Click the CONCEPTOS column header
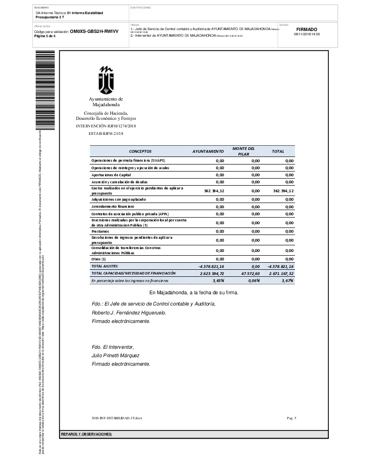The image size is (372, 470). [140, 152]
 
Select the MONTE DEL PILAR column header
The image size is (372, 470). [243, 151]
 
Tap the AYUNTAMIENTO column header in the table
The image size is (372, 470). [208, 152]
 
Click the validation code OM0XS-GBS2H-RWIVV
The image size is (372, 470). [94, 31]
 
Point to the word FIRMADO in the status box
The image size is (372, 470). [307, 29]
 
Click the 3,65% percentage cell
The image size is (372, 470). [218, 281]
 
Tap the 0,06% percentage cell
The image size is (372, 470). [254, 281]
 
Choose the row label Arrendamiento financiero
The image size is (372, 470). [113, 206]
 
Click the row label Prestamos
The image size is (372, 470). [100, 231]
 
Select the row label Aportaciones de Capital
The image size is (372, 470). [111, 175]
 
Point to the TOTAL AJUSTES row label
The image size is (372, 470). [105, 266]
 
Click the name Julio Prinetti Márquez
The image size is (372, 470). [116, 355]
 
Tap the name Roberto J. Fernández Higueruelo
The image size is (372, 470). [129, 313]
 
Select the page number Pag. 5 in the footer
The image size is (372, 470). [291, 418]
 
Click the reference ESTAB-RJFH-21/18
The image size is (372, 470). [106, 134]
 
